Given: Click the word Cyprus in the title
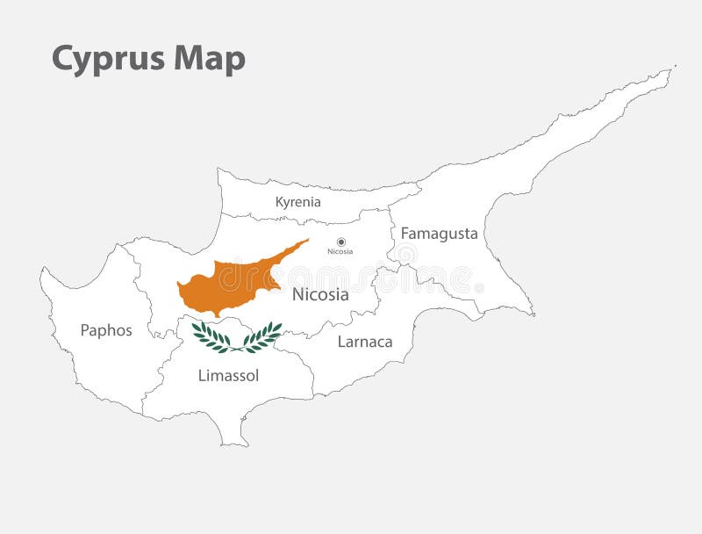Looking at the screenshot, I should point(108,59).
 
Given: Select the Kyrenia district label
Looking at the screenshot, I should point(297,202).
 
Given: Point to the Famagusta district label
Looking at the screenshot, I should point(439,234).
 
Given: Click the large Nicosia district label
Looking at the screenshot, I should point(320,295).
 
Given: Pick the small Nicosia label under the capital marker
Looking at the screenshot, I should point(340,252).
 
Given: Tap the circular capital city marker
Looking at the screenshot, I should point(341,242).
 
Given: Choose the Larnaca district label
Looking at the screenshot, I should point(365,342).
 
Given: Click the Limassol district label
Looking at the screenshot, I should point(228,376).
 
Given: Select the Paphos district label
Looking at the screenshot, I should point(106,330).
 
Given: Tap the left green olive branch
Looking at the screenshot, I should point(211,337).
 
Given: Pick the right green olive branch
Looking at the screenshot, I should point(262,336).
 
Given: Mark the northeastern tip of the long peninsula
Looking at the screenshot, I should point(672,68).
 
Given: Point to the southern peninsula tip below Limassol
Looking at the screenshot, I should point(235,444).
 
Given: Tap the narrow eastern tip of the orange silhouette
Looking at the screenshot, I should point(306,241).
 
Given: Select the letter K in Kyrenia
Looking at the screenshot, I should point(280,202).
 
